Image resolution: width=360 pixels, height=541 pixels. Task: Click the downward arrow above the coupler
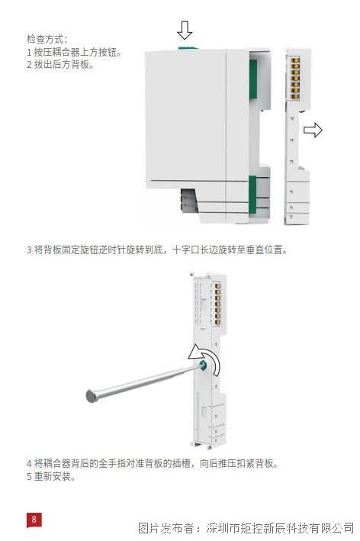185,30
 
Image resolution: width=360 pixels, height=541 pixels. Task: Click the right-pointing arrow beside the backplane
313,130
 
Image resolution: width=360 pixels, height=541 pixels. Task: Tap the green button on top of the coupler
188,48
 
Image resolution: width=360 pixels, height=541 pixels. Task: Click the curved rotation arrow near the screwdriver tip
205,358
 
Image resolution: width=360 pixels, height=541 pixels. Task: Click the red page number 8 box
34,520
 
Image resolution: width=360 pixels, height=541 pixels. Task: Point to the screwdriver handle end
92,395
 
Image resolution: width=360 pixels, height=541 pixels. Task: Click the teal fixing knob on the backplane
202,365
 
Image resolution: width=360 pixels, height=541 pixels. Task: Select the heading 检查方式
47,39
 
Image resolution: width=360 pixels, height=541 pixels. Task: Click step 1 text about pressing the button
74,52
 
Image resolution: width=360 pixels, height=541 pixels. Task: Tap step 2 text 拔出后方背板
60,64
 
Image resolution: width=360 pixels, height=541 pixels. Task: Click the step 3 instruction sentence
157,250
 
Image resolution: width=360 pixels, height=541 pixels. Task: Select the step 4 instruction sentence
153,463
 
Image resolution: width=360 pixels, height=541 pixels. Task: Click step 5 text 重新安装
51,476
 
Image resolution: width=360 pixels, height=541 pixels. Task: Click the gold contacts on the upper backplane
294,79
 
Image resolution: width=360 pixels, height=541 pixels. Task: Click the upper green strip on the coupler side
253,79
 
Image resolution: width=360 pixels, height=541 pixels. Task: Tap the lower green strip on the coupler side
252,195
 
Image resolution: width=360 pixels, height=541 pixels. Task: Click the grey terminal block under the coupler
188,200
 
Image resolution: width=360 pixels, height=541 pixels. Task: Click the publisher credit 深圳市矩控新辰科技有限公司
280,527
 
